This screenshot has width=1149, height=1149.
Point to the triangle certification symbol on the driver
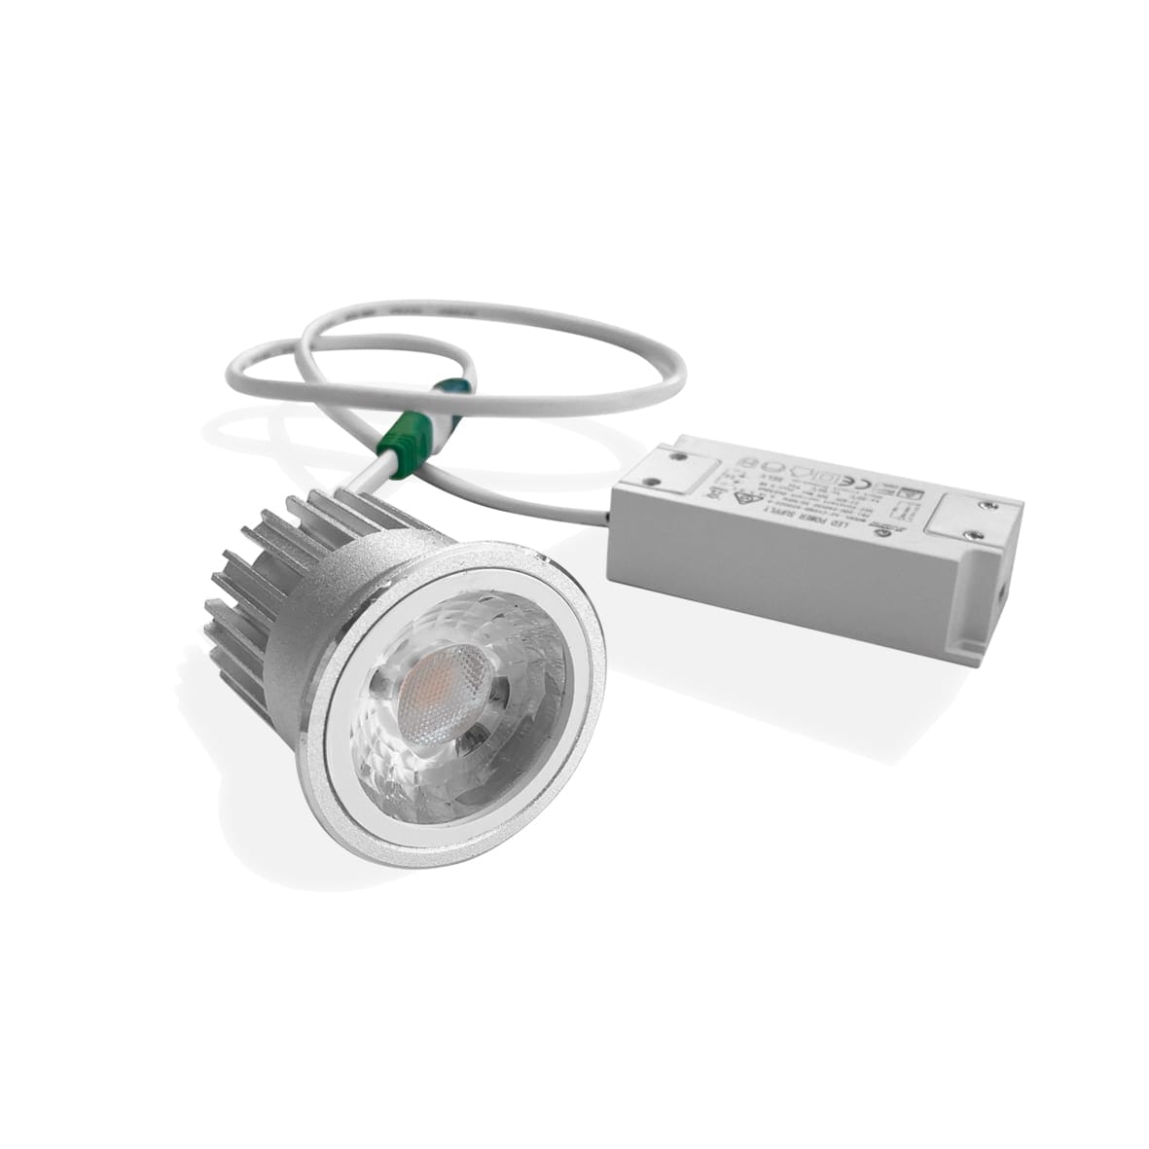click(739, 500)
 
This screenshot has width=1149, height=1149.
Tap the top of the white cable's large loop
click(486, 309)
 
